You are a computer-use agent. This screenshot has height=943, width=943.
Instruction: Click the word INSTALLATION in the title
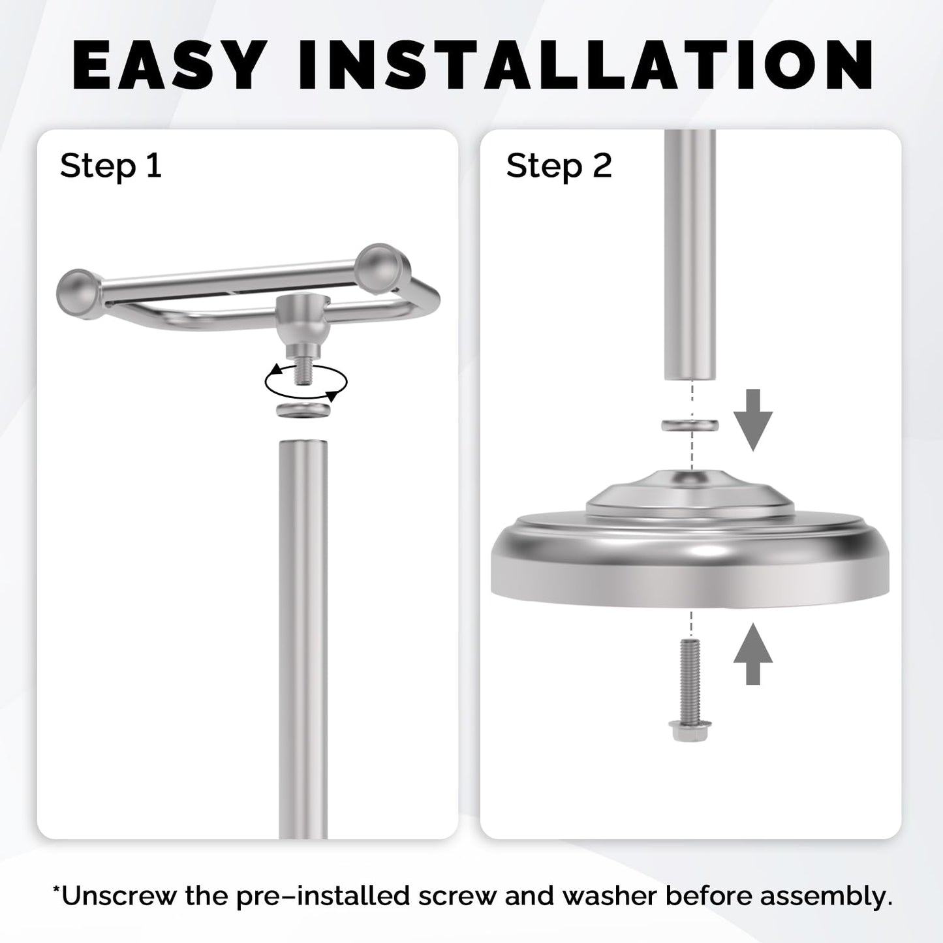tap(586, 65)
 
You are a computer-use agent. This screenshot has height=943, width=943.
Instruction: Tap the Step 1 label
tap(111, 166)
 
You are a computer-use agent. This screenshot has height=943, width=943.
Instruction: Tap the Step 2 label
tap(559, 166)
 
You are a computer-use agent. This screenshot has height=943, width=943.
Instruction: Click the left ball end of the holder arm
tap(79, 294)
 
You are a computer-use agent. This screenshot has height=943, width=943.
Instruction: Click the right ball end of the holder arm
tap(382, 268)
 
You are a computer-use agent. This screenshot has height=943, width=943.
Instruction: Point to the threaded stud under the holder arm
tap(304, 373)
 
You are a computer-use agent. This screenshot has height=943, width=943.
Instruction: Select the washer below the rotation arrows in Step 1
tap(304, 410)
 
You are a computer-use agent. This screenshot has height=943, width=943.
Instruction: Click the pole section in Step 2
tap(690, 255)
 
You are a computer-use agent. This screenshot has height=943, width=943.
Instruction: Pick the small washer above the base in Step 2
tap(690, 425)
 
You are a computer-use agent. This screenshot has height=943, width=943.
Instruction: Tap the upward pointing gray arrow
tap(752, 654)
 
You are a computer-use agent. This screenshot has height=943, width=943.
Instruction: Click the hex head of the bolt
tap(690, 731)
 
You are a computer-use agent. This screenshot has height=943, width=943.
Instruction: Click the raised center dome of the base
tap(690, 494)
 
